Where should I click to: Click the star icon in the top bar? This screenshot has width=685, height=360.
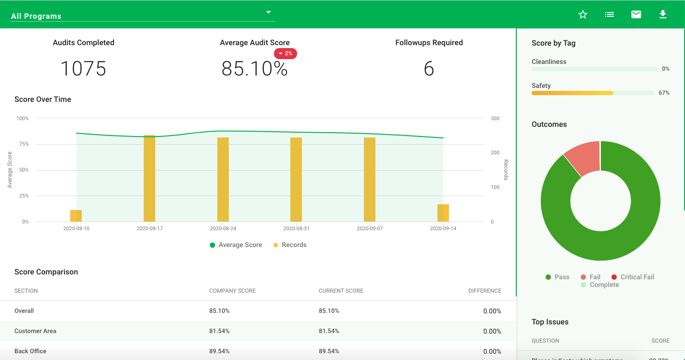583,14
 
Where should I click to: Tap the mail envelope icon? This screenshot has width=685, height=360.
636,14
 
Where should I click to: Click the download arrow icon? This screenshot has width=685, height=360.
662,14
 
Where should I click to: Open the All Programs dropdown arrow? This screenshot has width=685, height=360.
269,12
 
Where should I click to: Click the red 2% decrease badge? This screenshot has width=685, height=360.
286,53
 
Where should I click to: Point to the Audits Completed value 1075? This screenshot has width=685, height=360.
83,69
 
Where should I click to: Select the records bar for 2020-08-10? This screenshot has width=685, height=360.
76,216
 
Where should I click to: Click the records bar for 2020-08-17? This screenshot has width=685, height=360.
149,178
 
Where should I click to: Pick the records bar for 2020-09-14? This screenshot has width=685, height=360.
443,213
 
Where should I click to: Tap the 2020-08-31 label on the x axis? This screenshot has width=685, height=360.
296,229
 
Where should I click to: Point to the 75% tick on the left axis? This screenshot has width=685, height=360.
23,144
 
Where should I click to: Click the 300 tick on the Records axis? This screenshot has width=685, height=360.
495,118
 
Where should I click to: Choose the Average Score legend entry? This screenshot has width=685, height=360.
236,245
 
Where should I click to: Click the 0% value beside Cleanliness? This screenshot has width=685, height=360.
665,69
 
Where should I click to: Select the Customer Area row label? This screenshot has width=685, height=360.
35,331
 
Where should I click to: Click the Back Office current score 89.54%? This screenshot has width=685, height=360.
329,351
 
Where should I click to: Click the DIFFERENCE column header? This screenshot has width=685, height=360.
485,291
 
